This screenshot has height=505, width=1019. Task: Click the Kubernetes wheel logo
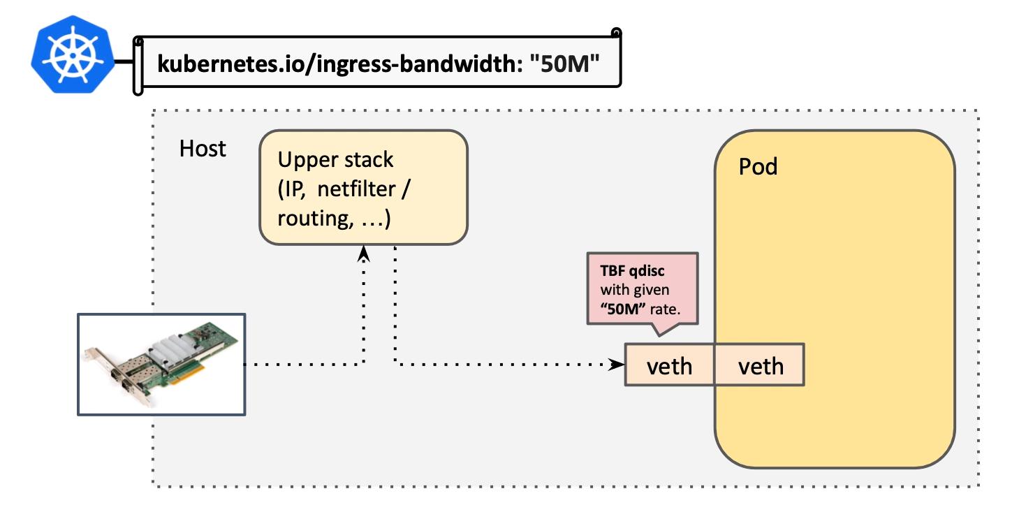(x=73, y=54)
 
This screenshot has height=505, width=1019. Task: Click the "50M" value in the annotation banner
(x=564, y=64)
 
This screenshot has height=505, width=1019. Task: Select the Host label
(x=203, y=148)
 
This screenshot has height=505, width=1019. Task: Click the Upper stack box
(x=363, y=187)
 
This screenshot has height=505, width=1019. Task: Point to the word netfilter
(x=356, y=189)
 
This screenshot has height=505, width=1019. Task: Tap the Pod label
(x=758, y=166)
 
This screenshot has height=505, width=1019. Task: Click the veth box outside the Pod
(x=669, y=365)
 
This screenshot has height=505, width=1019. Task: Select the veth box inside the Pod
(x=760, y=365)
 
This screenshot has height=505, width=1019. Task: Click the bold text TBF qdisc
(x=632, y=271)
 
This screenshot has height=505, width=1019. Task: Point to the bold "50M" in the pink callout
(x=623, y=309)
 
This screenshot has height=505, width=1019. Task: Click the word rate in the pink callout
(x=665, y=310)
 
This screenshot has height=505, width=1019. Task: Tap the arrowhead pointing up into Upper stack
(x=363, y=254)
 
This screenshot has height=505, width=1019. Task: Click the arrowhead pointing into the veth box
(x=617, y=365)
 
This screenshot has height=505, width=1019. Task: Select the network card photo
(x=161, y=365)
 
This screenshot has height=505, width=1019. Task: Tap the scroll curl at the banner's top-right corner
(x=617, y=33)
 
